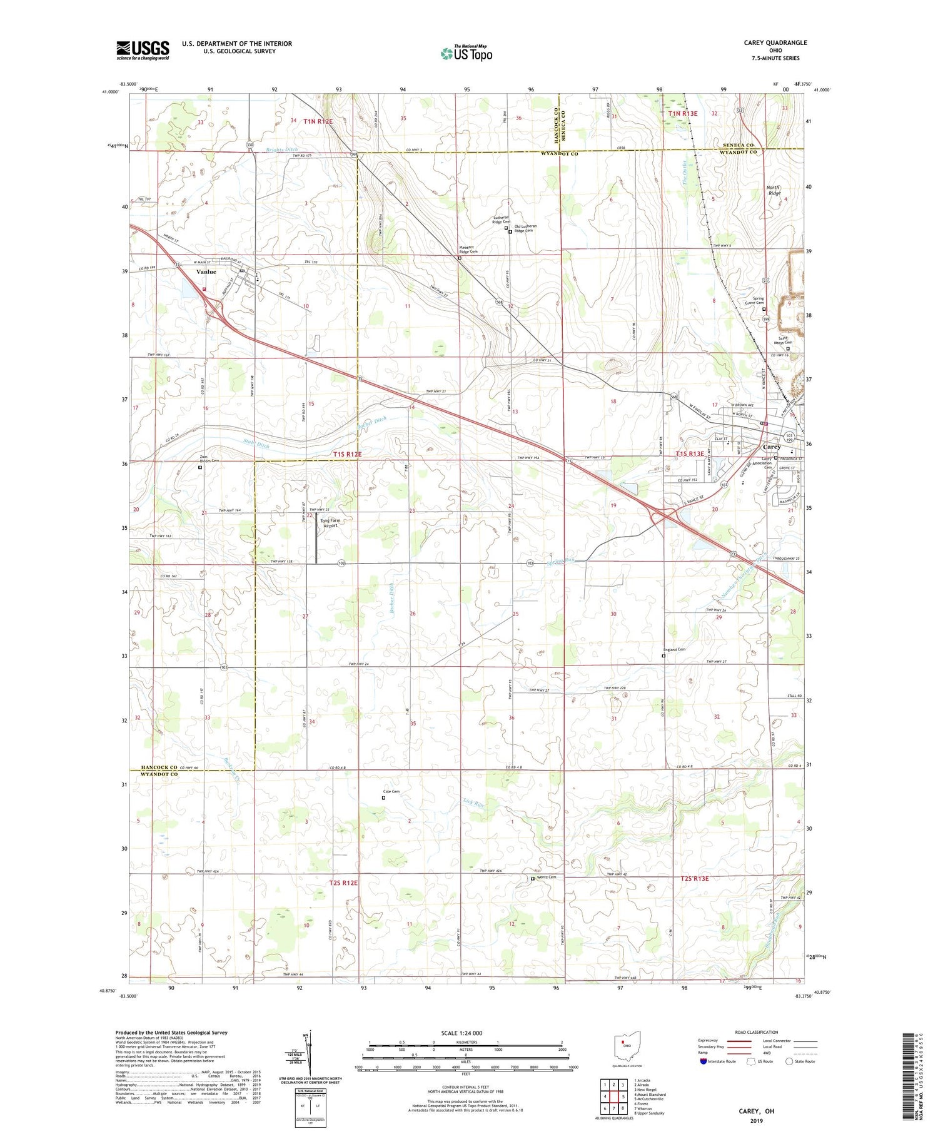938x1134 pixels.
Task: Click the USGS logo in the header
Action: tap(142, 50)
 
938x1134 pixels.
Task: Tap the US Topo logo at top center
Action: tap(466, 53)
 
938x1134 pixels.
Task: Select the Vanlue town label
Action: tap(206, 272)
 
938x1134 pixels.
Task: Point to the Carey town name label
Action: tap(772, 447)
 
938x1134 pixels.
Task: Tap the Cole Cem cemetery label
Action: tap(391, 792)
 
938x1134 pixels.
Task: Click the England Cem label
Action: tap(674, 649)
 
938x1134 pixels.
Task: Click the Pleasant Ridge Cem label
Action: tap(468, 249)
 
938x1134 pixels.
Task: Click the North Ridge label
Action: tap(774, 190)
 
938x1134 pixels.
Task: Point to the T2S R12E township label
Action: tap(343, 883)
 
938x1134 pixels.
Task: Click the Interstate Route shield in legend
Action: tap(703, 1061)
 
